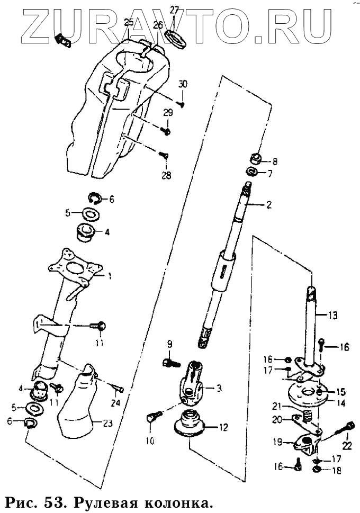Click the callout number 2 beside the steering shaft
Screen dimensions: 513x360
(268, 205)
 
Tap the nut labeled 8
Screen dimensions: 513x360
(255, 158)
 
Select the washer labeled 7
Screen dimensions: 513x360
(253, 172)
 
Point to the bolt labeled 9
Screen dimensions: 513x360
(168, 363)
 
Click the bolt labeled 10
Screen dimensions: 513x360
(151, 418)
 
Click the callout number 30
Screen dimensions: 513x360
(183, 84)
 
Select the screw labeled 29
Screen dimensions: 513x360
(166, 130)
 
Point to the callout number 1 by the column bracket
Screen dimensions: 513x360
(110, 275)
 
